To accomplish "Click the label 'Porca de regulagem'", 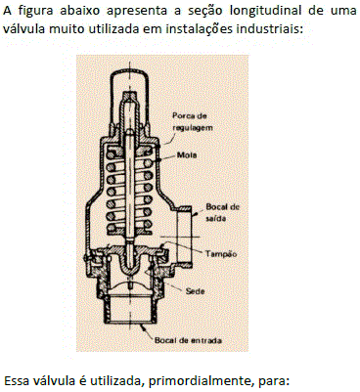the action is pyautogui.click(x=193, y=121).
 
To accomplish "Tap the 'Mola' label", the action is pyautogui.click(x=187, y=155).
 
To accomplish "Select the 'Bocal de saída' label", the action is pyautogui.click(x=223, y=212).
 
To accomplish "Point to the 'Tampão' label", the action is pyautogui.click(x=221, y=254).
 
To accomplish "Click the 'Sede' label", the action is pyautogui.click(x=195, y=290).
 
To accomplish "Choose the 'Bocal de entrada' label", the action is pyautogui.click(x=188, y=340).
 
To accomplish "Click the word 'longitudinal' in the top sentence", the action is pyautogui.click(x=265, y=11).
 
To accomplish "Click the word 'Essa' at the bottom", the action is pyautogui.click(x=17, y=380).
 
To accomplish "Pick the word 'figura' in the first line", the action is pyautogui.click(x=35, y=11).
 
